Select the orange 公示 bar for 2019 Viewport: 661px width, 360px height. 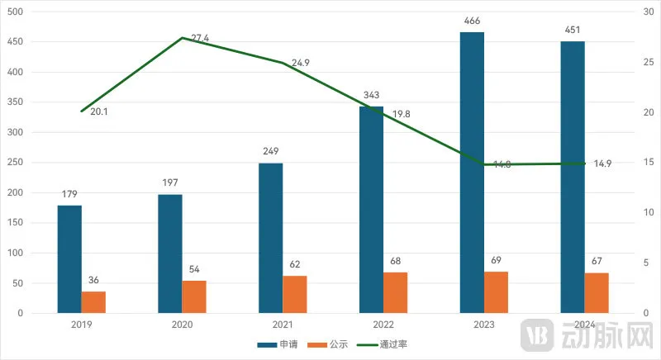[93, 302]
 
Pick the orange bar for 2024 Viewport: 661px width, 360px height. [597, 293]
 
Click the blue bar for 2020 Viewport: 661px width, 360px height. [170, 253]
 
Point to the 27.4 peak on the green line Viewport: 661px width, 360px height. [182, 38]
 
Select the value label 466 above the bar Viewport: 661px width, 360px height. [473, 21]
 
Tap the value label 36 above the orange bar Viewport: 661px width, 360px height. [93, 281]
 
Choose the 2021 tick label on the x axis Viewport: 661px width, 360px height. [283, 324]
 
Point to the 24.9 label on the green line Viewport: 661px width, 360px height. [301, 64]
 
